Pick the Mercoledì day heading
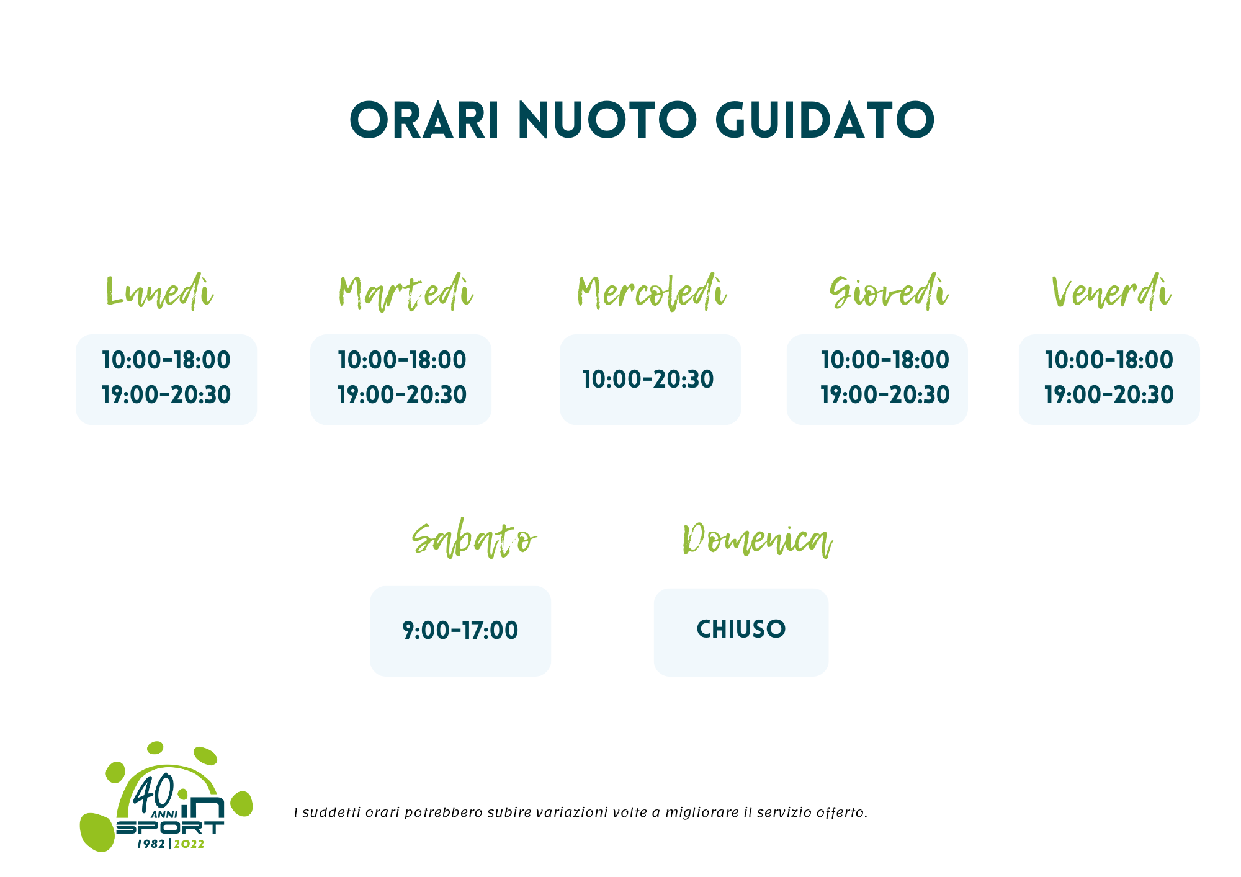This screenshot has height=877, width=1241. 652,292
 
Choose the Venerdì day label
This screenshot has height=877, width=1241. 1111,292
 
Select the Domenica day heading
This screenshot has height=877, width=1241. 758,540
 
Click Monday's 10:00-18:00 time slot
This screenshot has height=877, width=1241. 166,360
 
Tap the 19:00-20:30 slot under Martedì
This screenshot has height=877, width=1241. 402,395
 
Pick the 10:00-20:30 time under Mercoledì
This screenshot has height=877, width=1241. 648,380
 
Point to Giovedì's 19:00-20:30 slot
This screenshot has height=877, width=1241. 885,395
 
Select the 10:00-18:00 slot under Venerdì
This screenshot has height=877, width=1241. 1109,360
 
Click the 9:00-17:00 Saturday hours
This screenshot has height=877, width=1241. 460,631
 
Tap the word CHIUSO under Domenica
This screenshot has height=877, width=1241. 741,630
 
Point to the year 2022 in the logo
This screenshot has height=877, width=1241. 189,845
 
